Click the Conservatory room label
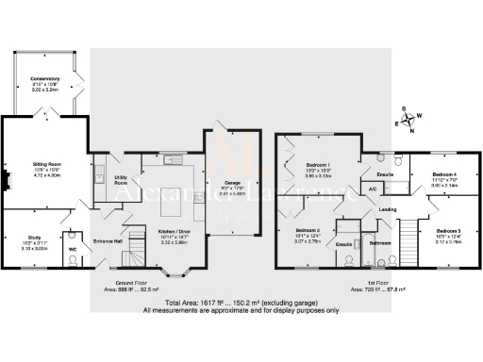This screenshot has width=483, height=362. point(45,78)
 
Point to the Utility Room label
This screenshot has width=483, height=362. point(122,179)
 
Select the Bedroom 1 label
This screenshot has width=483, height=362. point(318,164)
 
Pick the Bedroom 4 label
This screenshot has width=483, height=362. point(444,175)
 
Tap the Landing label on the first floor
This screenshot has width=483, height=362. point(387,209)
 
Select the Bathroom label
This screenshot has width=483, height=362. point(380,243)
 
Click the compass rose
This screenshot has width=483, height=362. point(408,120)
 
